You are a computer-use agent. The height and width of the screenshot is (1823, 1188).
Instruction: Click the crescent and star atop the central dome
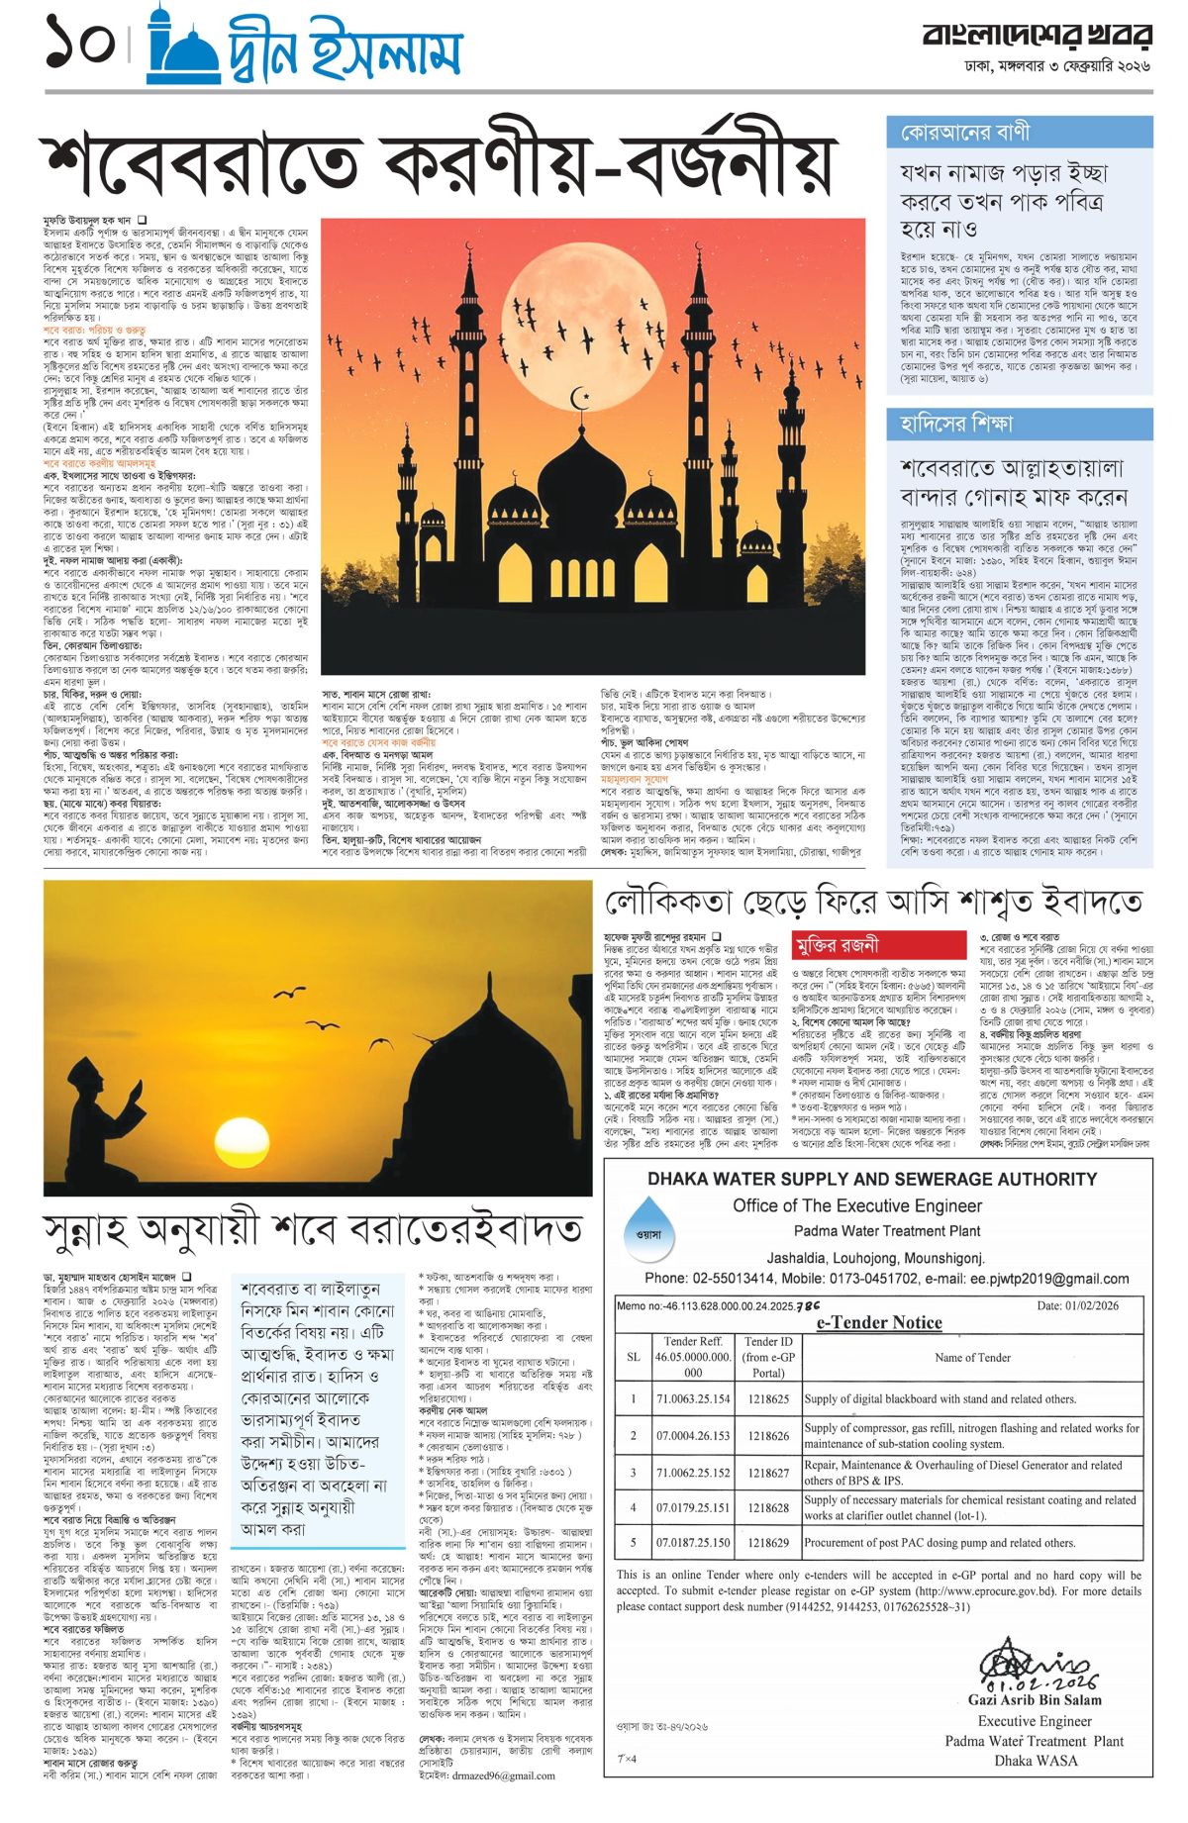[x=584, y=400]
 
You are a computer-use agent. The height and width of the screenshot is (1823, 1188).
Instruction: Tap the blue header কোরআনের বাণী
[x=966, y=133]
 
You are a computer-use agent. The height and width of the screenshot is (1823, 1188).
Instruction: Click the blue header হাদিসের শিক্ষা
[x=956, y=423]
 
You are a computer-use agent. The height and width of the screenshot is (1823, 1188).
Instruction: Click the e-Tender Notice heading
[x=879, y=1322]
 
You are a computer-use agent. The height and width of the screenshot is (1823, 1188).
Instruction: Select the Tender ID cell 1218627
[x=768, y=1473]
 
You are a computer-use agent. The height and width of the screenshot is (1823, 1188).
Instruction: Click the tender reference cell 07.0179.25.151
[x=693, y=1507]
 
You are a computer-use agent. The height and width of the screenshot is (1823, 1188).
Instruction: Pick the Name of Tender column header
[x=972, y=1357]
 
